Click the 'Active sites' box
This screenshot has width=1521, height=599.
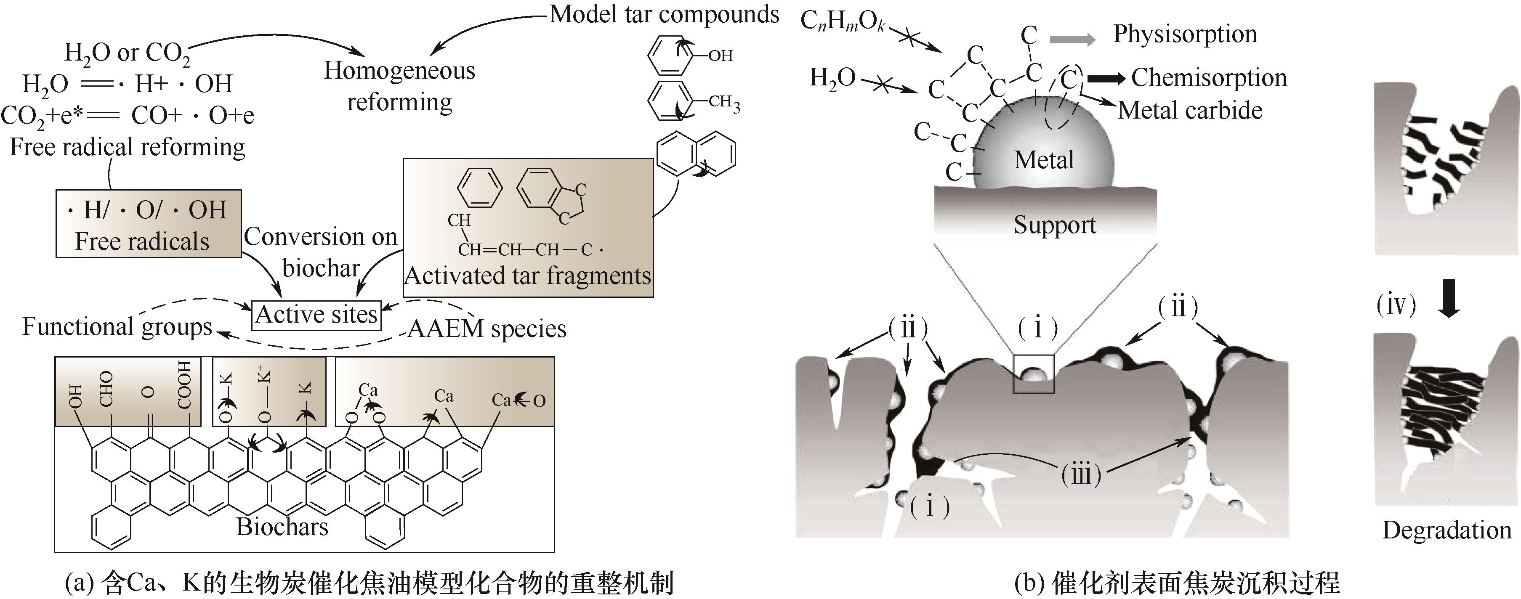316,315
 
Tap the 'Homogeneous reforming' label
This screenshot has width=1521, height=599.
400,86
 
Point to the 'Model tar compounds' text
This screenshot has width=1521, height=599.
664,14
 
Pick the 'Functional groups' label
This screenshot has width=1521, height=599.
117,327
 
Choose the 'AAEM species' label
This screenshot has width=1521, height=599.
487,329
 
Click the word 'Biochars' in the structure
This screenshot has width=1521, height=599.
282,526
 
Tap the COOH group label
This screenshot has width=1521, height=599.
185,385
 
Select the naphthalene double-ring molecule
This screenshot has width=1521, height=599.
697,154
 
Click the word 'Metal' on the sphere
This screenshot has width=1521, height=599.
1044,160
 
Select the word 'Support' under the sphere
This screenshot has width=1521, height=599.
1055,225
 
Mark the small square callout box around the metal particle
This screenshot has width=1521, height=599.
1033,374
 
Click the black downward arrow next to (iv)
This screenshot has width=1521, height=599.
1449,302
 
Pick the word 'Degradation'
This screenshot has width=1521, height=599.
1447,530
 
